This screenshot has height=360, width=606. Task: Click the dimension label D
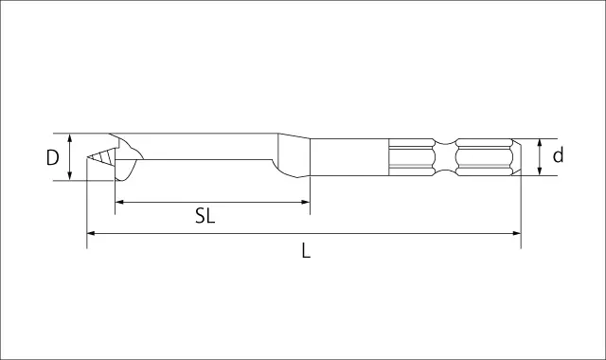coord(53,157)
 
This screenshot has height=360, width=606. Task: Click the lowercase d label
coord(558,155)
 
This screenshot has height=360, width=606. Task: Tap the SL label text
coord(205,216)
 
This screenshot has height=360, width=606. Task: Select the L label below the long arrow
coord(306,250)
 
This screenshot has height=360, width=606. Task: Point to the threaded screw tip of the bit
coord(101,157)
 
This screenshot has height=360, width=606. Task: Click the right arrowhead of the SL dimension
coord(305,202)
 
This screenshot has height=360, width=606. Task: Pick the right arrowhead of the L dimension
coord(516,233)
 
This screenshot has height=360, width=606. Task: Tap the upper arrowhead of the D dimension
coord(69,138)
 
